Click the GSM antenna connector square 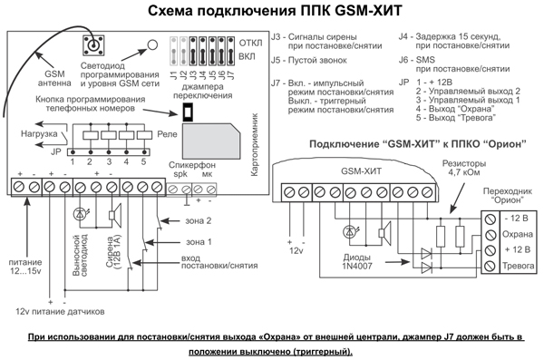93,45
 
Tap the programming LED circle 152,44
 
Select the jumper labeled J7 230,51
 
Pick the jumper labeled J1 174,51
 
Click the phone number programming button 188,112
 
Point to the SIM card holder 211,141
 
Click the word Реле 167,134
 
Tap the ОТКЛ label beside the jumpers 250,43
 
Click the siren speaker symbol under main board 115,215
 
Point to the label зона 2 198,220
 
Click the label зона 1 199,241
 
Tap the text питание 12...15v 25,267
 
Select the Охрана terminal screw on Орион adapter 490,235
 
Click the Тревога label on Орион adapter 518,266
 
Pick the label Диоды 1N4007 357,262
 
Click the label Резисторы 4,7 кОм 464,168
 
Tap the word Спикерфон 192,165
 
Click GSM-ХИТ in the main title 368,10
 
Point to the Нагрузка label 39,134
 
